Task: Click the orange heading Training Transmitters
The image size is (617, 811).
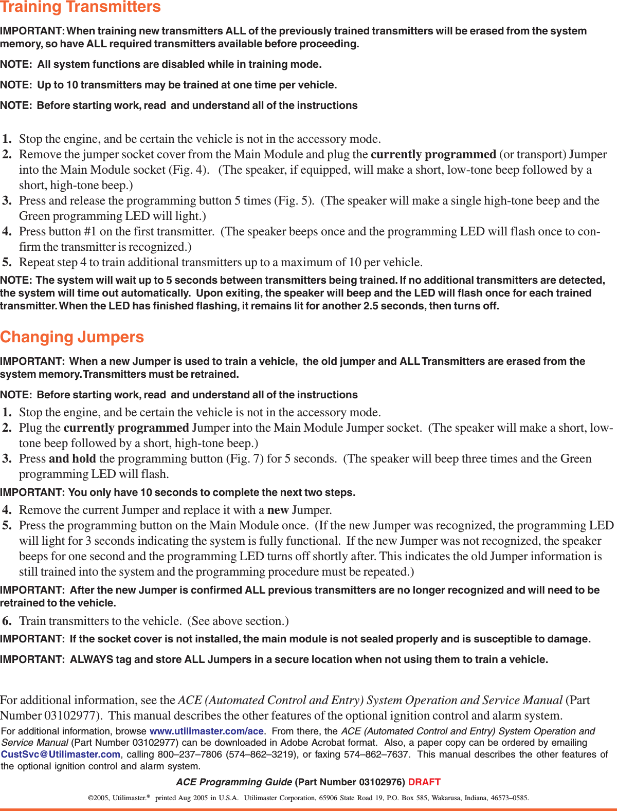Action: pyautogui.click(x=80, y=7)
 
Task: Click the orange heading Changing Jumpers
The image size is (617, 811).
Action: pyautogui.click(x=72, y=337)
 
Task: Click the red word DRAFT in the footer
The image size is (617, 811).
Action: pyautogui.click(x=424, y=782)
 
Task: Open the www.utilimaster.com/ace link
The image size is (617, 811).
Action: pyautogui.click(x=206, y=731)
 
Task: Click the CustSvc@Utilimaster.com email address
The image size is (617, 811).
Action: pyautogui.click(x=60, y=754)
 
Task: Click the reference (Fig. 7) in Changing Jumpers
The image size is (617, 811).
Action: pyautogui.click(x=245, y=459)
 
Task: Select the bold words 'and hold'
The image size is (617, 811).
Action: pyautogui.click(x=72, y=459)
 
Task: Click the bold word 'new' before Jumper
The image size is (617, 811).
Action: pyautogui.click(x=278, y=510)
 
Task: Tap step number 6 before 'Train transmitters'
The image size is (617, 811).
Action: pyautogui.click(x=7, y=621)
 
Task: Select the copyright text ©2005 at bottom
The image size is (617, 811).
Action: pyautogui.click(x=97, y=798)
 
